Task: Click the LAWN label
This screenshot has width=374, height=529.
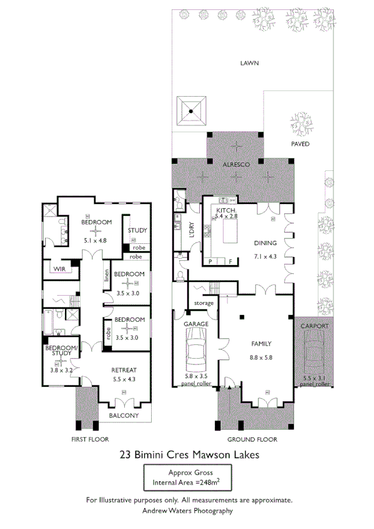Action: [x=252, y=63]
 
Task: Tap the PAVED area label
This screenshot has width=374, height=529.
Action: [x=300, y=143]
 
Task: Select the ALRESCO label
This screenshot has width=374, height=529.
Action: [x=237, y=163]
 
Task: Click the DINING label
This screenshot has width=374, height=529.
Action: [x=265, y=243]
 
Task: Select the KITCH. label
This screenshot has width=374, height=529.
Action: [x=226, y=210]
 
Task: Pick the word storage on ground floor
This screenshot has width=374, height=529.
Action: [x=204, y=303]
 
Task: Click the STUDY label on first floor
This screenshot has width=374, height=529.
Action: [x=137, y=230]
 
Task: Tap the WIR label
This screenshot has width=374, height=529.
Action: [x=60, y=269]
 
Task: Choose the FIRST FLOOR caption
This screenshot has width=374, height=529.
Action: [x=91, y=439]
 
